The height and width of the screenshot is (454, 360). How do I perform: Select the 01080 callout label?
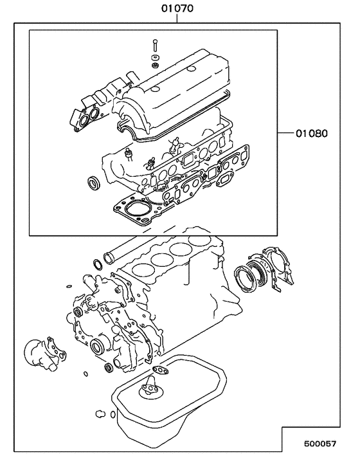312,134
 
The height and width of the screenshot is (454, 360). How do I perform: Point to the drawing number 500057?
320,444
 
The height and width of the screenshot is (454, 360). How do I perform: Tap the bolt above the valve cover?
155,48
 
